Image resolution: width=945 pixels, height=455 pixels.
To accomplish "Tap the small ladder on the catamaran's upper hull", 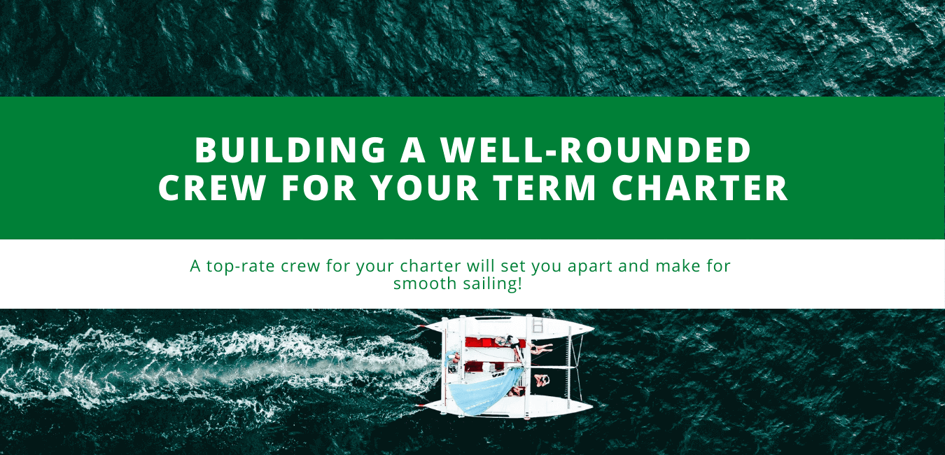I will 538,325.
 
